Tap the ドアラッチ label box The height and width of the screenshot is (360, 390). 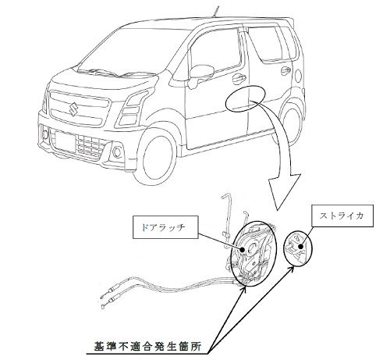pyautogui.click(x=165, y=226)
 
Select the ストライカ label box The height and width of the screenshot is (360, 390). pyautogui.click(x=342, y=216)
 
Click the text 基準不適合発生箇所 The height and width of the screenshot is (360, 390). pyautogui.click(x=147, y=346)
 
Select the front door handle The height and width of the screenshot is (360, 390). pyautogui.click(x=239, y=77)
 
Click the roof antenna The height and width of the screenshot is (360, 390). pyautogui.click(x=215, y=12)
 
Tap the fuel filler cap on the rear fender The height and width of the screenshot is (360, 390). pyautogui.click(x=298, y=75)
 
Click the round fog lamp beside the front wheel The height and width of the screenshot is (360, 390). pyautogui.click(x=117, y=152)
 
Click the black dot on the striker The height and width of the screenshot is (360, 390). pyautogui.click(x=300, y=247)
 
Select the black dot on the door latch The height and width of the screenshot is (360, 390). pyautogui.click(x=242, y=249)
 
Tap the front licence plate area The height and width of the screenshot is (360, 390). pyautogui.click(x=66, y=141)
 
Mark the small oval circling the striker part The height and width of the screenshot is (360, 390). pyautogui.click(x=297, y=248)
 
